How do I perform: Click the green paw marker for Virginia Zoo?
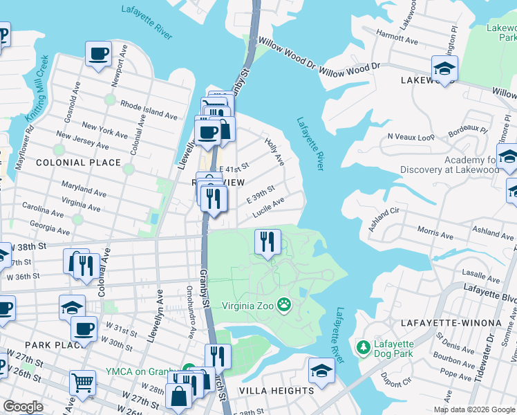pos(283,304)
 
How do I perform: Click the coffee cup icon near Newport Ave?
pos(98,53)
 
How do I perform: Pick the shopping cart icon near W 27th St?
pos(82,382)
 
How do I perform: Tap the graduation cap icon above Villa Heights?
pos(321,369)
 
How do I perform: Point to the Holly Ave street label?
pos(275,150)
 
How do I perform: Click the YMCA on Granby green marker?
pos(187,371)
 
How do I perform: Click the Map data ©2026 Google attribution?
pos(474,409)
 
